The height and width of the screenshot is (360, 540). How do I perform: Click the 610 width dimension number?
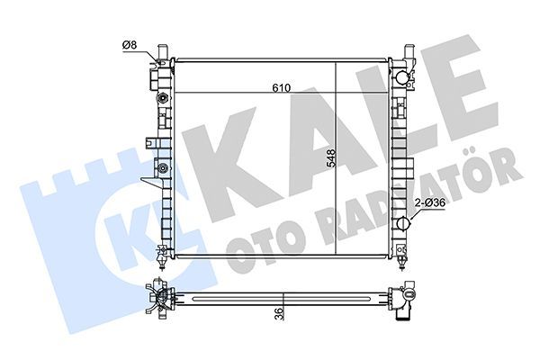pyautogui.click(x=282, y=88)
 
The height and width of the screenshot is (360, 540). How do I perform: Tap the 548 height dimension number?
pyautogui.click(x=331, y=158)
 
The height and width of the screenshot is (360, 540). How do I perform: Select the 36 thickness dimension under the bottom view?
pyautogui.click(x=280, y=314)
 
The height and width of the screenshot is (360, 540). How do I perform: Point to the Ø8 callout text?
pyautogui.click(x=130, y=45)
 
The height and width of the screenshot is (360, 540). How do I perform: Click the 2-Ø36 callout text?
pyautogui.click(x=431, y=202)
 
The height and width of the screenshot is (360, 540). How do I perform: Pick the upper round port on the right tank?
pyautogui.click(x=402, y=76)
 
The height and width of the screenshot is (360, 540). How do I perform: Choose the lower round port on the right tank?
pyautogui.click(x=402, y=223)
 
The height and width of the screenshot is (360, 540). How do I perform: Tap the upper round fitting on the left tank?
pyautogui.click(x=162, y=98)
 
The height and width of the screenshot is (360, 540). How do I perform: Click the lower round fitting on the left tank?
pyautogui.click(x=162, y=168)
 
